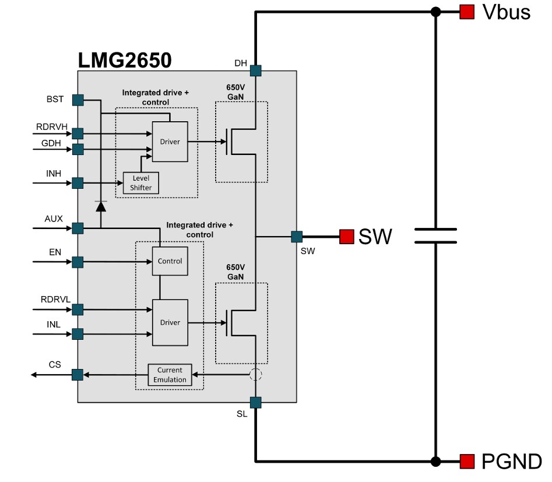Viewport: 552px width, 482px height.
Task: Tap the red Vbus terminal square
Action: (466, 12)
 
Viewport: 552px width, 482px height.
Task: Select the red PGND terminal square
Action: (466, 462)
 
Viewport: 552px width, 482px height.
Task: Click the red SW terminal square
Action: (347, 237)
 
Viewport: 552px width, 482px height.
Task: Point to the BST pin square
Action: (78, 100)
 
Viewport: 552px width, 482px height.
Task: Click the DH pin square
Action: (255, 71)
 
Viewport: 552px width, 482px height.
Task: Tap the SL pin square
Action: (255, 402)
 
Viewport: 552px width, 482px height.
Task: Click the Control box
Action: (170, 261)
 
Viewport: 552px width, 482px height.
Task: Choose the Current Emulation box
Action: (170, 375)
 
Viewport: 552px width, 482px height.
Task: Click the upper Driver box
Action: (170, 142)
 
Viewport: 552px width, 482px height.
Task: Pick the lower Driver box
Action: (170, 322)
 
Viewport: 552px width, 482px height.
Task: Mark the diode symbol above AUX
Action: (101, 206)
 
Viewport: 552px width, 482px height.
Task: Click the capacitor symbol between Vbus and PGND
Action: (435, 236)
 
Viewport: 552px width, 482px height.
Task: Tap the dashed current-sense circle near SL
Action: (255, 375)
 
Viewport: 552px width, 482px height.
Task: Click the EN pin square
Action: (78, 262)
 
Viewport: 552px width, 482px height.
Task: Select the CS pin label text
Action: (55, 365)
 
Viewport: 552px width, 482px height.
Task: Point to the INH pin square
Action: (78, 184)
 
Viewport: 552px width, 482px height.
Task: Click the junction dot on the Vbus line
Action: (435, 12)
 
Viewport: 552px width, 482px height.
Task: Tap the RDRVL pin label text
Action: (56, 299)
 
